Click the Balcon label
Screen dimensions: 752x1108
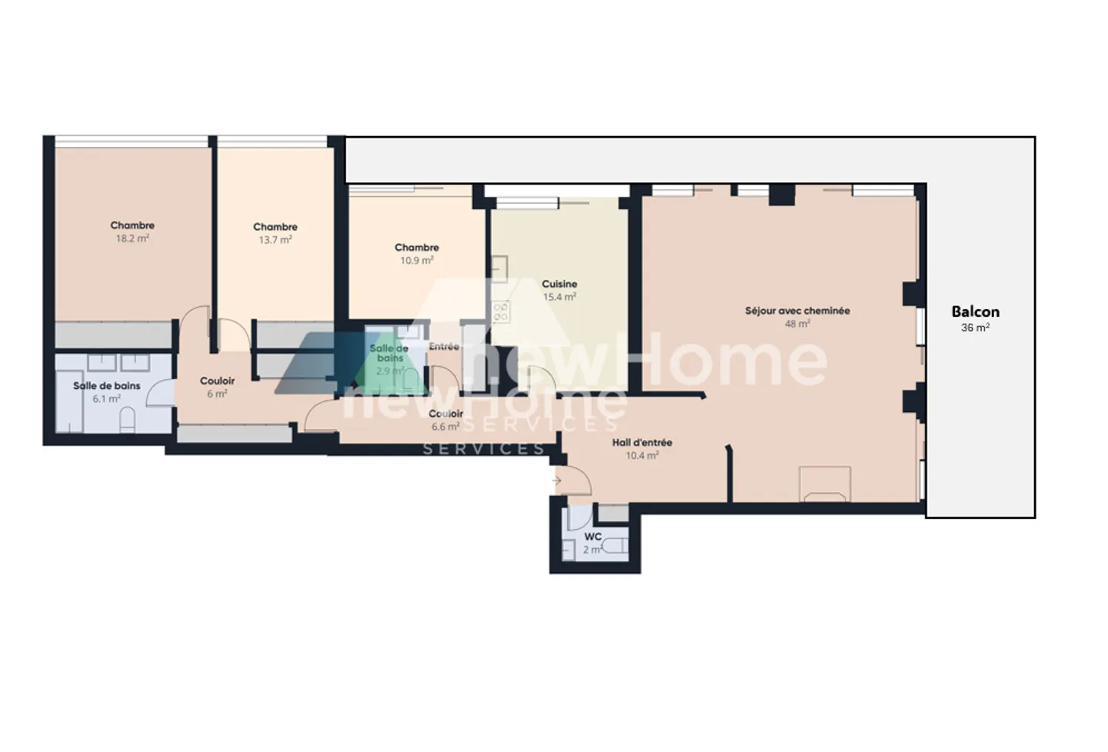coord(975,311)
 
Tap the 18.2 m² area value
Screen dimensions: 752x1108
coord(132,238)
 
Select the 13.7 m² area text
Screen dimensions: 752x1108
coord(275,240)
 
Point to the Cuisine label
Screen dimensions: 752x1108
coord(559,284)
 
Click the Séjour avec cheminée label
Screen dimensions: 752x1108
coord(797,311)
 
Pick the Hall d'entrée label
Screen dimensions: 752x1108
coord(642,442)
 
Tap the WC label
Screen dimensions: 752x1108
coord(592,537)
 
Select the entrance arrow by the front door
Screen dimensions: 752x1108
coord(556,481)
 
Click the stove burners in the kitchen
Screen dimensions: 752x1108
coord(501,311)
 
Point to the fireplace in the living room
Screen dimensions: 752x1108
coord(825,484)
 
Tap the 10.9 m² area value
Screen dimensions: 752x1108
coord(416,261)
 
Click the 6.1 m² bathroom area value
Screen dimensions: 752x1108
coord(106,398)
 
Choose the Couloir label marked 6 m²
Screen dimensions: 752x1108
coord(217,381)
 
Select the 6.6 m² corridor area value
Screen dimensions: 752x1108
coord(446,427)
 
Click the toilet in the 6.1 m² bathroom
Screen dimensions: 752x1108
coord(128,419)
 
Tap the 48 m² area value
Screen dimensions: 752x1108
coord(797,324)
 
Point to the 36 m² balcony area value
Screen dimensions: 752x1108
coord(975,328)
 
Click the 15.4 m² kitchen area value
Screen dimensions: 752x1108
coord(559,297)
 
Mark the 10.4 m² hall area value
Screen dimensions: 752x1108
coord(642,455)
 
